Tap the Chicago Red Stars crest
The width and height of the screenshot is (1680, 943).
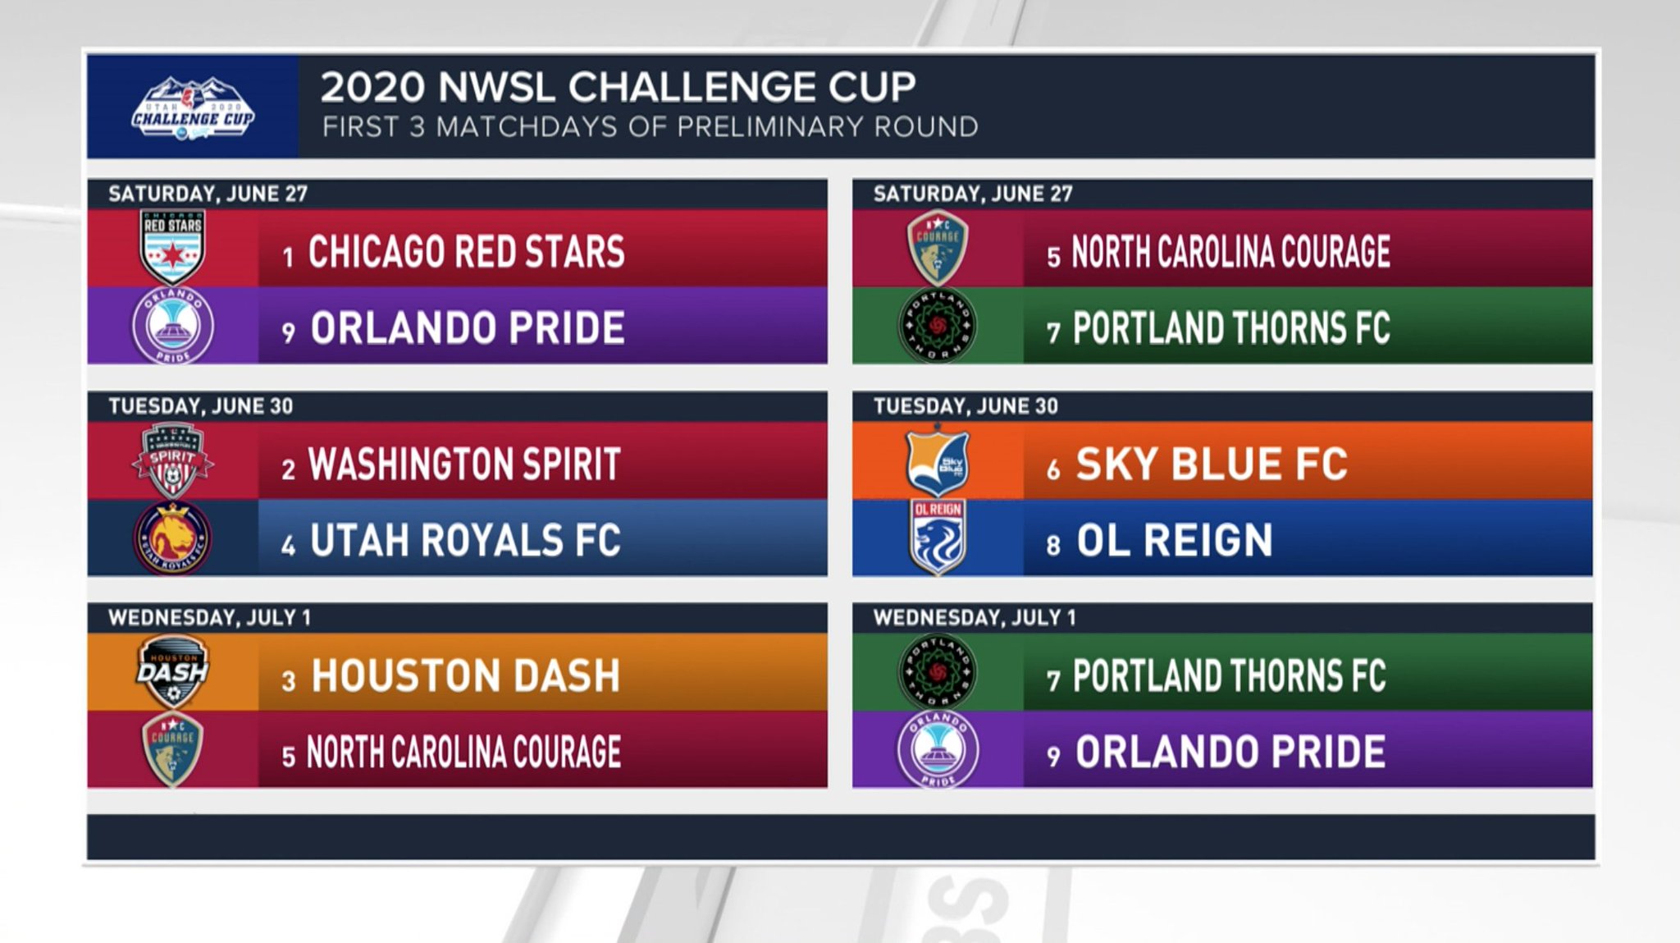point(172,247)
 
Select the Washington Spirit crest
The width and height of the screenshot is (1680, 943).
point(172,460)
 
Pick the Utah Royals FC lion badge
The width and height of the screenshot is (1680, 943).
point(172,538)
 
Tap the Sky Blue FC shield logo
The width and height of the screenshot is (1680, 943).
point(938,460)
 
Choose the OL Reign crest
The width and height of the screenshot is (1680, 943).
point(938,537)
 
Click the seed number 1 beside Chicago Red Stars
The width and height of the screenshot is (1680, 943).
point(288,257)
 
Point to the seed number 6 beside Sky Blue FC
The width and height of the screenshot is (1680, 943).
point(1053,469)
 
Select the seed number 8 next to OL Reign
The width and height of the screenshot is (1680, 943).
point(1053,545)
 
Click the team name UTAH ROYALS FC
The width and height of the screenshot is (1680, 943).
point(465,540)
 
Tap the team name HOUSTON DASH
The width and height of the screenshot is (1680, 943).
point(465,676)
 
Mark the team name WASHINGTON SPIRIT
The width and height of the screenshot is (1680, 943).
point(464,464)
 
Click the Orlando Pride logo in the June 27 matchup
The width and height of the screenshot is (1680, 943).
point(173,325)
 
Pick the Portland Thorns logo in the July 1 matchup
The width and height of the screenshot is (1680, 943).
point(938,672)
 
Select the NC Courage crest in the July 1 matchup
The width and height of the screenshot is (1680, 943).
point(172,749)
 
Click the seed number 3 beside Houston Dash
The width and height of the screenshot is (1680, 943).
point(288,681)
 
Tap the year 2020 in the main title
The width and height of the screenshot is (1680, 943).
point(372,87)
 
